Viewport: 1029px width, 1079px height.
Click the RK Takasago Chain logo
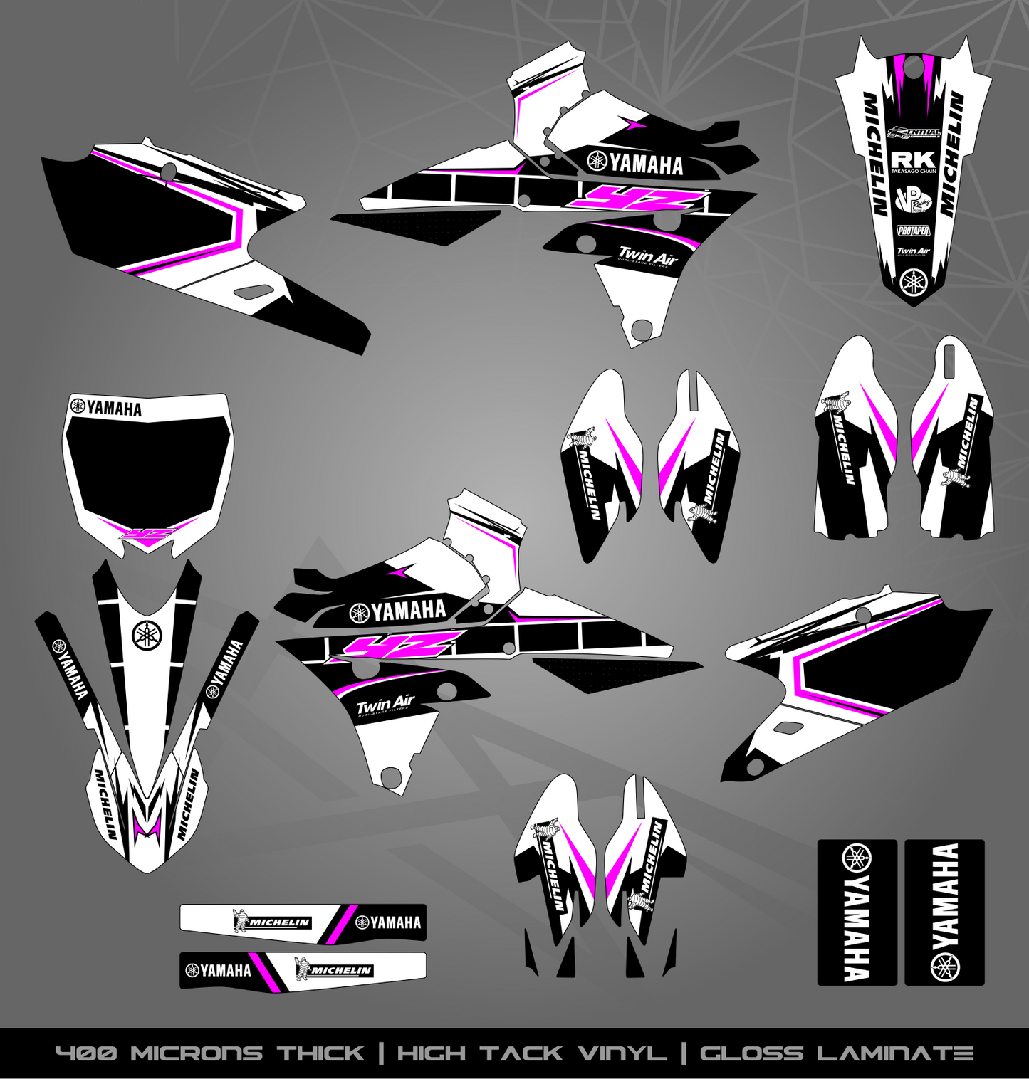pos(914,162)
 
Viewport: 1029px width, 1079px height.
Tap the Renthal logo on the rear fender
pos(915,132)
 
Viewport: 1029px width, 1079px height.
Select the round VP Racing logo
pos(912,200)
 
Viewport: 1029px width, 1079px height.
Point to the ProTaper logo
pos(914,231)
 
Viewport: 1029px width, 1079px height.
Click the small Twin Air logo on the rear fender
pos(913,251)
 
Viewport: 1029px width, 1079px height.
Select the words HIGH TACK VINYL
pos(531,1053)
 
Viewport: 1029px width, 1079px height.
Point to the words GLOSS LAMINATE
pos(836,1053)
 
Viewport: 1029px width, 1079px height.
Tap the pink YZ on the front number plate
pos(147,535)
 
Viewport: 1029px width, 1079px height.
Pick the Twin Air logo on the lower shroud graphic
pos(646,256)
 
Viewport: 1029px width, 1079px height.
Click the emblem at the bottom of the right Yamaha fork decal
pos(945,966)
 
